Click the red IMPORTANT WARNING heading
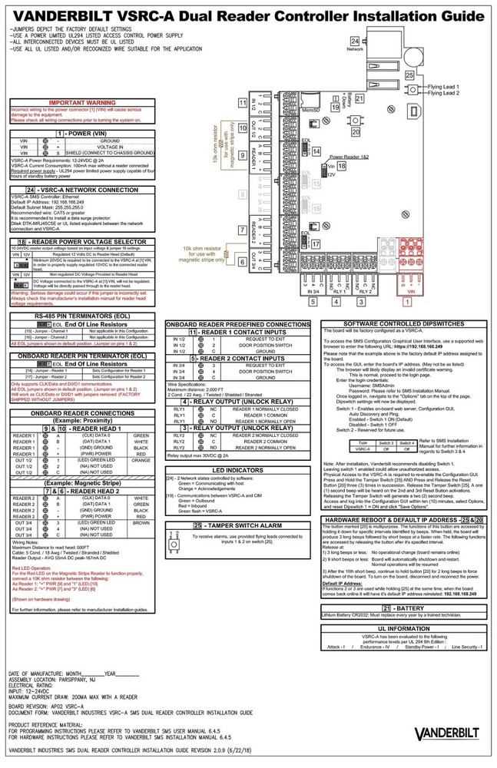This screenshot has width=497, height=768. pos(83,102)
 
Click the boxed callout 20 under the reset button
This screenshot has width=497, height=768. pos(355,131)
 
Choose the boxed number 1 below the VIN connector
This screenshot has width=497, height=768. pos(409,302)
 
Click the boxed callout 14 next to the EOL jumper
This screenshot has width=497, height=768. pos(316,152)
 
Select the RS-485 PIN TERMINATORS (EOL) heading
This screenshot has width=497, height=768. pos(83,316)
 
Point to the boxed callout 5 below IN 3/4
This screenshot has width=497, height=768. pos(313,302)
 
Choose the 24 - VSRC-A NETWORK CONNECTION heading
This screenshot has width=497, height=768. pos(83,189)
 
